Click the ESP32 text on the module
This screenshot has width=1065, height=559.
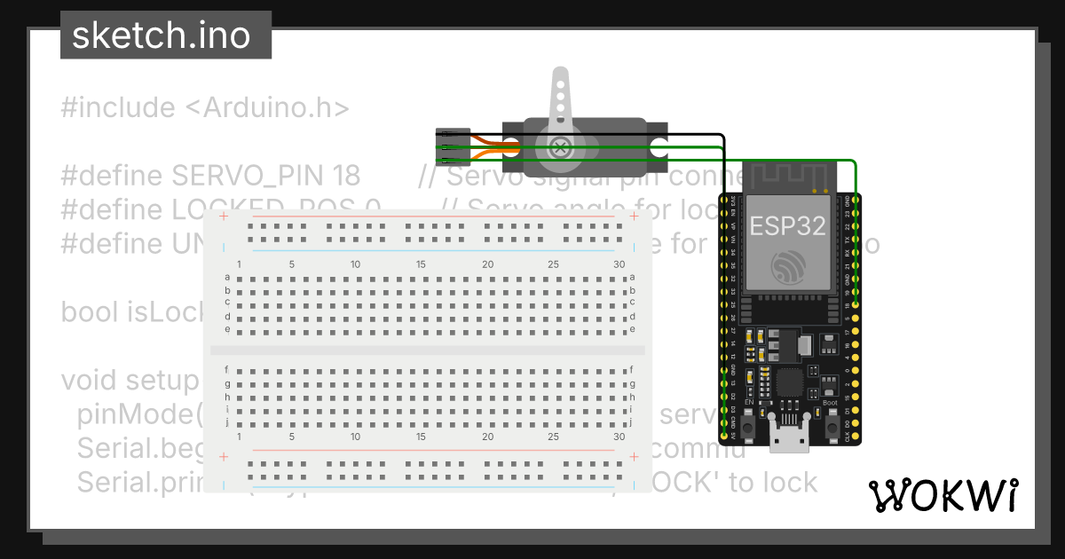click(x=787, y=224)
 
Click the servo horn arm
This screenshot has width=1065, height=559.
click(x=560, y=98)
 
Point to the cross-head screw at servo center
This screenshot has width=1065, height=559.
click(x=560, y=148)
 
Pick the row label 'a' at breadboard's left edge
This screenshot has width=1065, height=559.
click(x=228, y=278)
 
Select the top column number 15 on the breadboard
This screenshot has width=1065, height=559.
click(x=421, y=264)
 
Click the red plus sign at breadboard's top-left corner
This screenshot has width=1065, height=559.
click(x=224, y=216)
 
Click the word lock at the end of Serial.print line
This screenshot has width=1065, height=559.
click(x=787, y=482)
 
